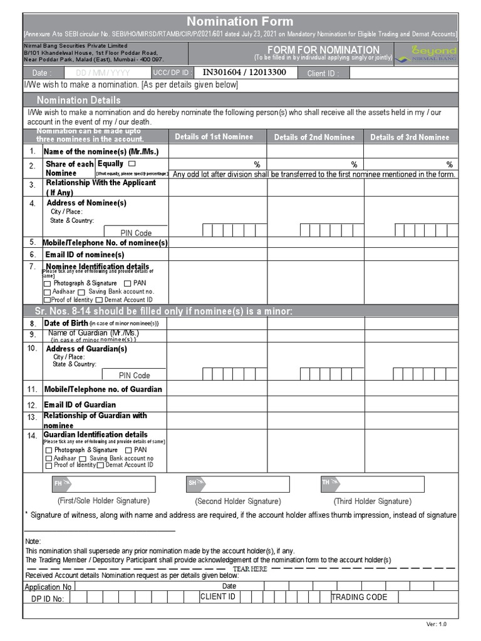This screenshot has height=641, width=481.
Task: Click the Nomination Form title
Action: point(240,22)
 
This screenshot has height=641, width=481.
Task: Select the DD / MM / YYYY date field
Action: point(103,73)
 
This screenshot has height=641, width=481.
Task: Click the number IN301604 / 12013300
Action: point(244,73)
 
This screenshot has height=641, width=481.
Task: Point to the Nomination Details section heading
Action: point(79,100)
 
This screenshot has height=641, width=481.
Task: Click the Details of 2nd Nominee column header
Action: point(314,137)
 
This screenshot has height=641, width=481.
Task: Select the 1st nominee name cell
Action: point(217,151)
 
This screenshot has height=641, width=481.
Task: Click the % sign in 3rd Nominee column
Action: point(449,164)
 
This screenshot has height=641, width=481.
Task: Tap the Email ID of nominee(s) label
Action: point(85,255)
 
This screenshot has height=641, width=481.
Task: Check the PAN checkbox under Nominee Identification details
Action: point(128,284)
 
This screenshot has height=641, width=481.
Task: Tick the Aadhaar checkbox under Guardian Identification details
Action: point(48,459)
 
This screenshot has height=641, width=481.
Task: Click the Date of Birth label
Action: point(65,323)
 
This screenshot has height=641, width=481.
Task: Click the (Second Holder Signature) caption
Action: point(238,501)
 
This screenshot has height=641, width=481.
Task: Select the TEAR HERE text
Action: point(250,568)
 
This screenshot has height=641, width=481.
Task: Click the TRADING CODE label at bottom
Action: point(359,597)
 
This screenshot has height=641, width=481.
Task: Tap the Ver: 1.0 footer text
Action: point(437,624)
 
